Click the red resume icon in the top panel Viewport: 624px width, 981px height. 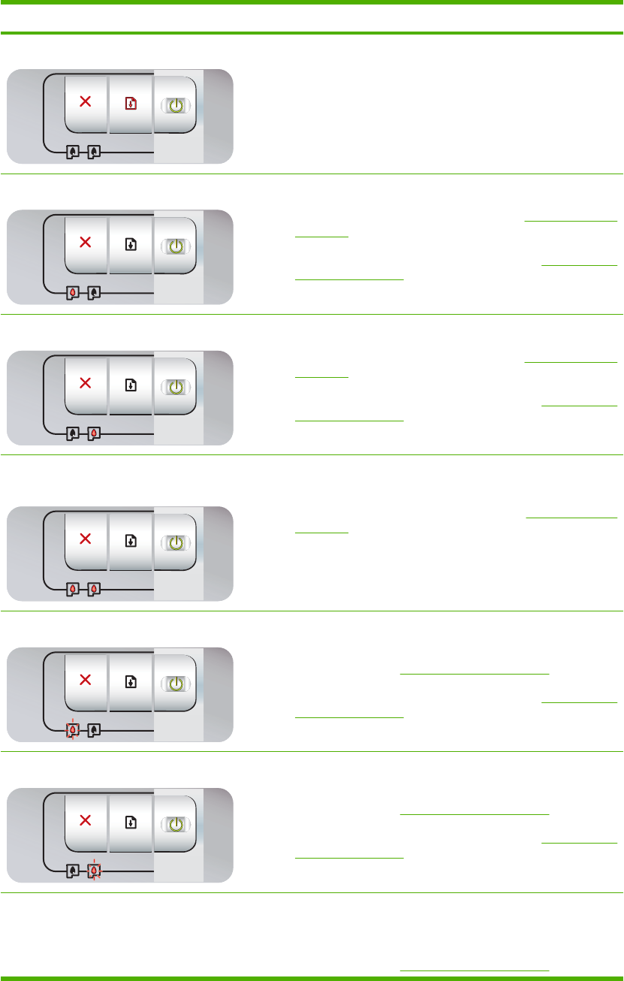click(x=131, y=104)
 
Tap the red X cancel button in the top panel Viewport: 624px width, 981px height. click(x=86, y=103)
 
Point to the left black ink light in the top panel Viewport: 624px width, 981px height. click(x=73, y=152)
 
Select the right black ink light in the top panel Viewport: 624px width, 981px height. click(x=94, y=152)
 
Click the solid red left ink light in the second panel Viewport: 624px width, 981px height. click(x=73, y=292)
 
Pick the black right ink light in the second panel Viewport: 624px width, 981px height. click(x=94, y=292)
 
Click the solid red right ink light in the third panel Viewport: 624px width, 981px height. click(x=94, y=433)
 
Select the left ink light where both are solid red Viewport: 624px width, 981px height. click(x=73, y=589)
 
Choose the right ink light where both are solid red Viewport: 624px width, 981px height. click(x=94, y=589)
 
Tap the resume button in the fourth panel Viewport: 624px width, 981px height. click(x=131, y=541)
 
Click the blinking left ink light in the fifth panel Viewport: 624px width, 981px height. click(x=73, y=729)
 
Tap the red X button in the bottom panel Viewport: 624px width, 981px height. click(x=86, y=822)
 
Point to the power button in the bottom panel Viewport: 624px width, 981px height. click(x=175, y=823)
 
